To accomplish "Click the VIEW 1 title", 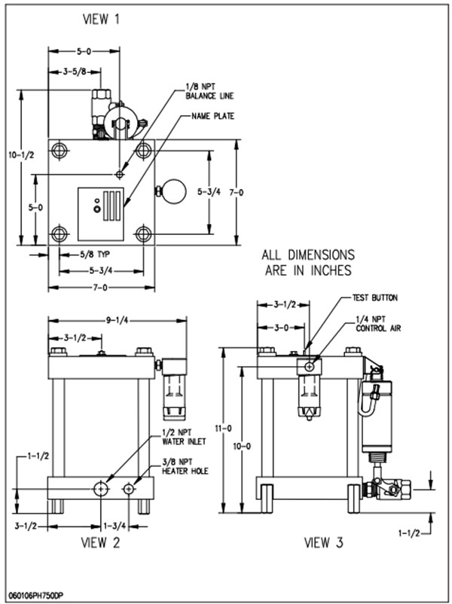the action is (102, 20).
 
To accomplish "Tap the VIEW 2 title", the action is (101, 542).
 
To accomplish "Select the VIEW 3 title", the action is (324, 542).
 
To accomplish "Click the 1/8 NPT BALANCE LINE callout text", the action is (209, 93).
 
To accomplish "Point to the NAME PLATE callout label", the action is (212, 116).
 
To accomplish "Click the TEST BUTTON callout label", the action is (375, 297).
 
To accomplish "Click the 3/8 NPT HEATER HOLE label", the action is (185, 466).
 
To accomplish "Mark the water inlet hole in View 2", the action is (101, 489).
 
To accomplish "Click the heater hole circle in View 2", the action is (128, 489).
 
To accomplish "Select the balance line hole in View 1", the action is (120, 175).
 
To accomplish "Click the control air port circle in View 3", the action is (309, 367).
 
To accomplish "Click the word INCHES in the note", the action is (329, 270).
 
